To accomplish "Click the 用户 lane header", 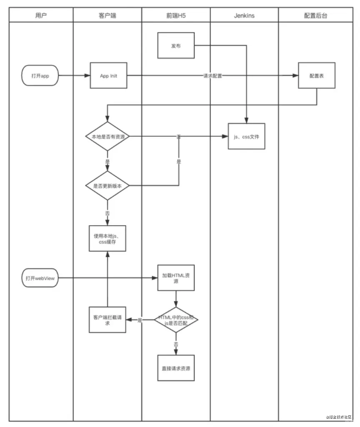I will (41, 15).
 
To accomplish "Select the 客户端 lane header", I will (107, 15).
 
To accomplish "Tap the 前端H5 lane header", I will (175, 15).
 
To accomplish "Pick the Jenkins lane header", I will (244, 15).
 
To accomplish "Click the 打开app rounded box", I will (40, 76).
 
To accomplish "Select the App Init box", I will (108, 76).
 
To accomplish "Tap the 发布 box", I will (176, 46).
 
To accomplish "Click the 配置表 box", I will (316, 76).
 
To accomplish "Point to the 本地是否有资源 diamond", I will (107, 136).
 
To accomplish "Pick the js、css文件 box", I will (246, 136).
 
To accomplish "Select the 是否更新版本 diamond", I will (107, 186).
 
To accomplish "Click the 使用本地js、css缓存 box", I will (107, 238).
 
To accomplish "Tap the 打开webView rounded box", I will (40, 278).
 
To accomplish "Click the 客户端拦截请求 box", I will (107, 320).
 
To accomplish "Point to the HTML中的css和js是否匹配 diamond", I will (175, 320).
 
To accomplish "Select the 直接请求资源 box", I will (175, 368).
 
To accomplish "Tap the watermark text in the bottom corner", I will (340, 417).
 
